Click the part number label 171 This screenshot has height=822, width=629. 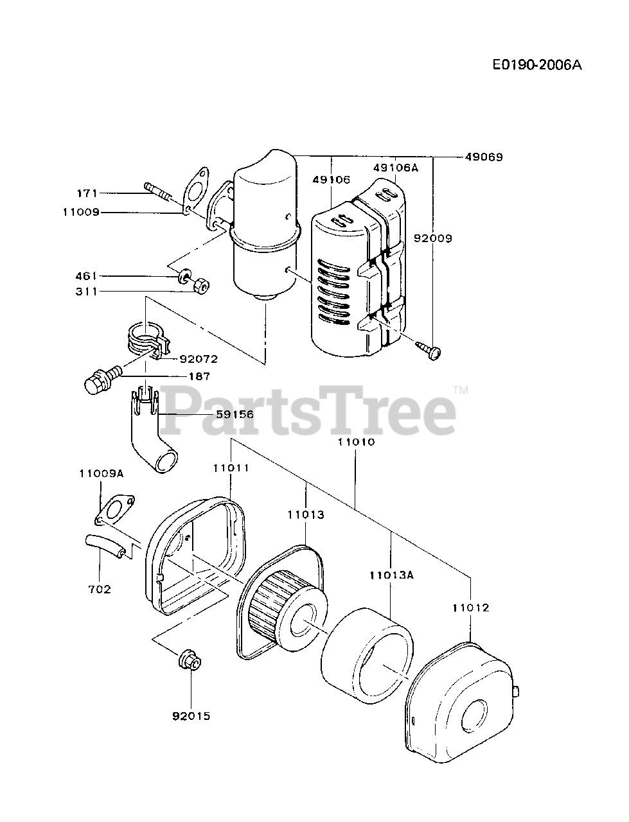tap(87, 192)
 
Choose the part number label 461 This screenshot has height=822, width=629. tap(87, 276)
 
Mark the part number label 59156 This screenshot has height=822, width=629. tap(235, 414)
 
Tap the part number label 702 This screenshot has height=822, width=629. tap(100, 589)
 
